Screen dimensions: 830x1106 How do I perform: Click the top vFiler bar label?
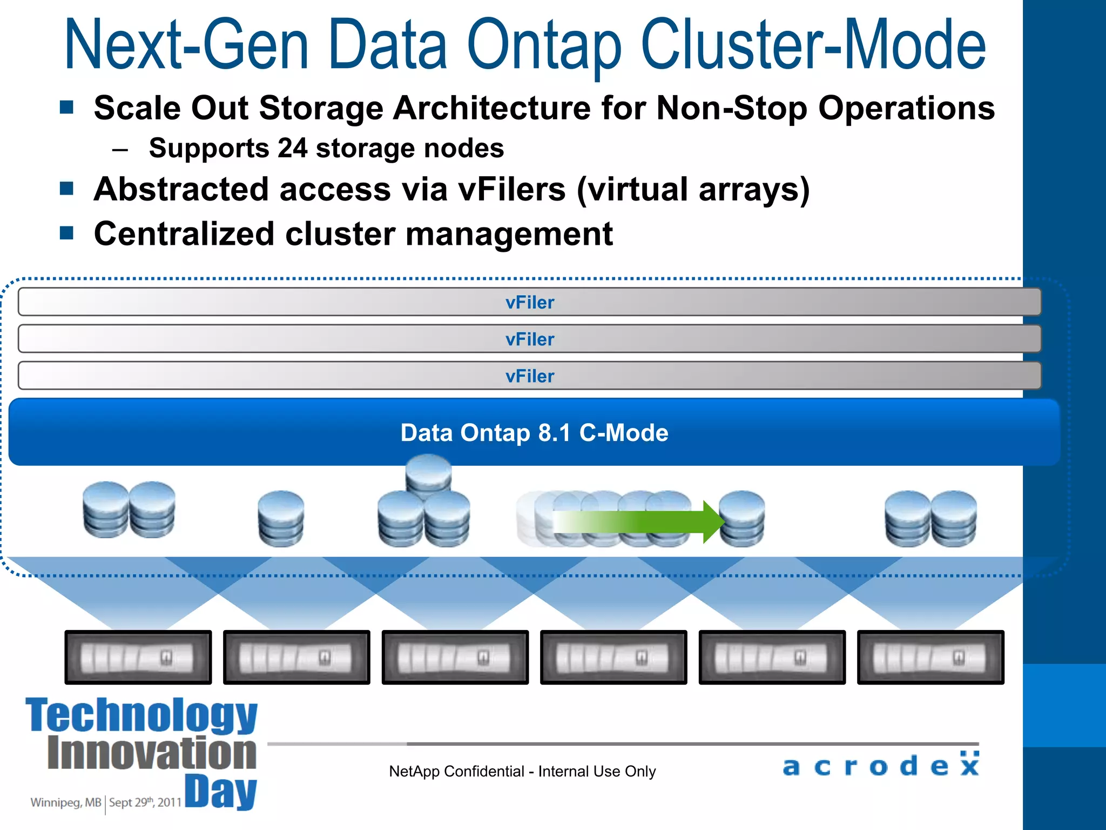click(x=530, y=303)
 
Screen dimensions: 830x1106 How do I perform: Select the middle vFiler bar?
click(x=530, y=339)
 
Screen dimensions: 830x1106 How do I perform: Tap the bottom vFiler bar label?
click(x=530, y=376)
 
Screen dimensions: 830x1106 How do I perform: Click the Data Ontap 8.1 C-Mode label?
click(x=534, y=433)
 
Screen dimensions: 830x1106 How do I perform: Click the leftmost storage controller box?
click(x=138, y=657)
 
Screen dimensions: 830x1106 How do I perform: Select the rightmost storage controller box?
click(x=930, y=657)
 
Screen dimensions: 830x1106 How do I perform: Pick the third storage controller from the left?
click(x=455, y=657)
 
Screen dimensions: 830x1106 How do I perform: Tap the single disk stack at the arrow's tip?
click(x=742, y=519)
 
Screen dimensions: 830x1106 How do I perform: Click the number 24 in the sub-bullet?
click(x=292, y=148)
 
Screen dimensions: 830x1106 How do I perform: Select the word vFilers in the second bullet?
click(x=511, y=190)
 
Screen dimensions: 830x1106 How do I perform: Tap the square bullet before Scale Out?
click(x=66, y=107)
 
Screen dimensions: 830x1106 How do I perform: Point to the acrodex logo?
click(x=881, y=765)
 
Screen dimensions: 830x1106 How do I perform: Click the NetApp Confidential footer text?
click(x=522, y=772)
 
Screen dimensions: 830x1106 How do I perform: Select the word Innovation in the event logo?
click(x=152, y=753)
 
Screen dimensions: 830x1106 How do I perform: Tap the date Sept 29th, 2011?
click(x=145, y=802)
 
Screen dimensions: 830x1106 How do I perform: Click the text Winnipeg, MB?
click(x=66, y=802)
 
